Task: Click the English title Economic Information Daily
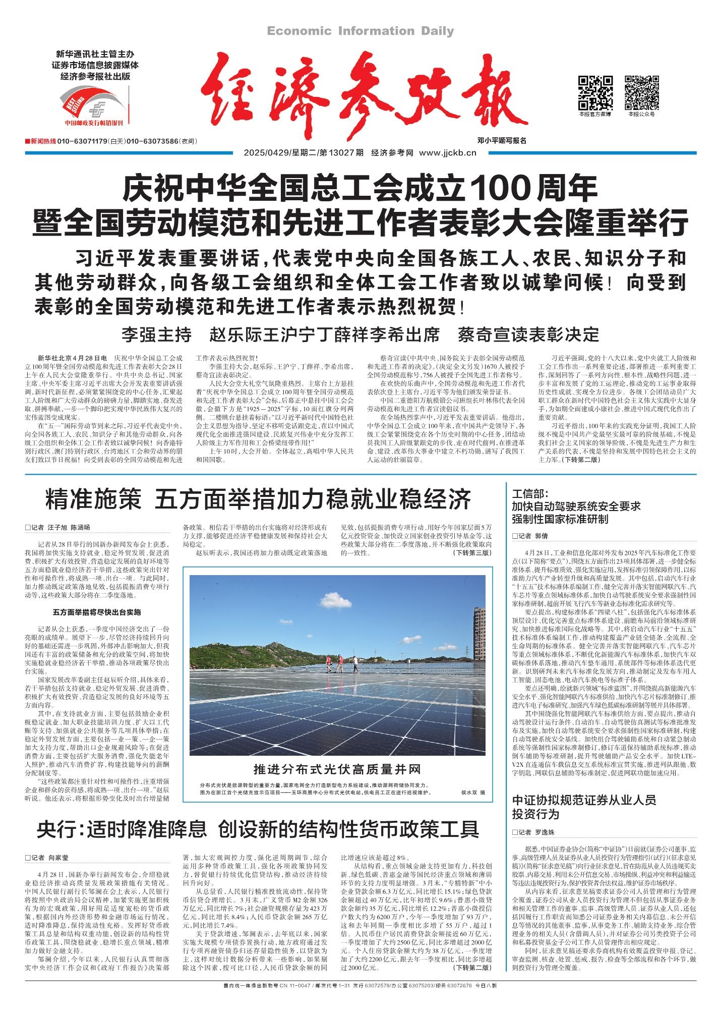tap(360, 31)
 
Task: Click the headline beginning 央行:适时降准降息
tap(258, 829)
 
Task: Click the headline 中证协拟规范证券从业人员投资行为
tap(584, 807)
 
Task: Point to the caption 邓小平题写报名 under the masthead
tap(502, 141)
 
